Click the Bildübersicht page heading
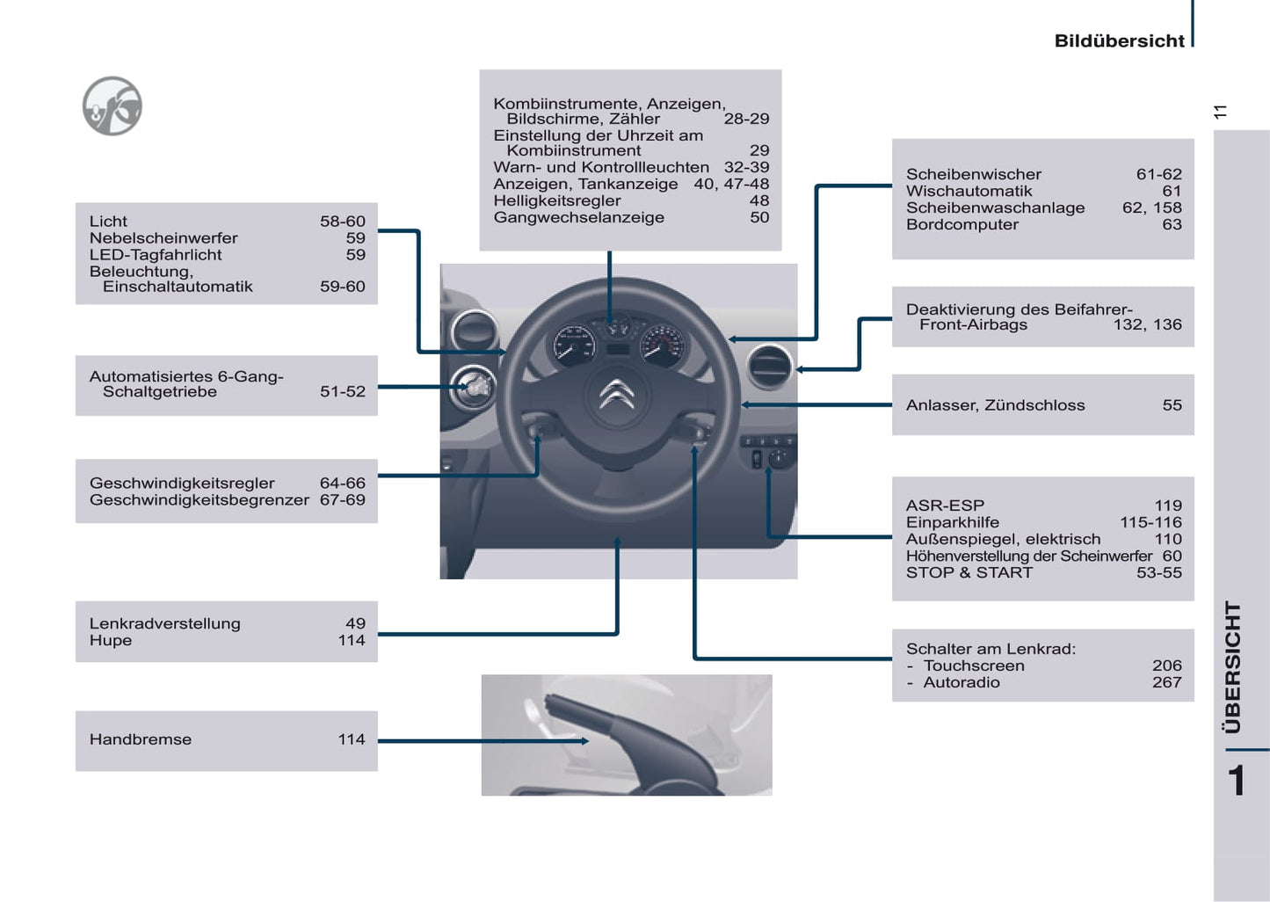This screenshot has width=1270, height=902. pyautogui.click(x=1119, y=40)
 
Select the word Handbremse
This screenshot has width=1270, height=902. pyautogui.click(x=141, y=739)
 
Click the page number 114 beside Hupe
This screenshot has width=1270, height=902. pyautogui.click(x=352, y=640)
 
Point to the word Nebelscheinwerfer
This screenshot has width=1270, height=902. pyautogui.click(x=163, y=237)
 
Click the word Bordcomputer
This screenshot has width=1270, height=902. pyautogui.click(x=962, y=224)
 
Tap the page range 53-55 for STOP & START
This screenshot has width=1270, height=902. pyautogui.click(x=1158, y=572)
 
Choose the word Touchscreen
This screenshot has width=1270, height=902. pyautogui.click(x=974, y=666)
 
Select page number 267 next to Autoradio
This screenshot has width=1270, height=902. pyautogui.click(x=1166, y=682)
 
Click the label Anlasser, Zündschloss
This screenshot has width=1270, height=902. pyautogui.click(x=995, y=405)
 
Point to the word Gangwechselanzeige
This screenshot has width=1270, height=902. pyautogui.click(x=578, y=217)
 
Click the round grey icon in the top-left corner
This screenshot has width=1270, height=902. pyautogui.click(x=112, y=106)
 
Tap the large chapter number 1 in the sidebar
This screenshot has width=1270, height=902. pyautogui.click(x=1237, y=781)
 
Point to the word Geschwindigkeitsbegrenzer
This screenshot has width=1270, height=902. pyautogui.click(x=199, y=499)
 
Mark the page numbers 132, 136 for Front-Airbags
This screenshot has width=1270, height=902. pyautogui.click(x=1147, y=324)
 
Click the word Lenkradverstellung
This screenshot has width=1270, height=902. pyautogui.click(x=164, y=623)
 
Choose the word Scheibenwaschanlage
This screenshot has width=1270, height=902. pyautogui.click(x=995, y=207)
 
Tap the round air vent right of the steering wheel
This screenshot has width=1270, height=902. pyautogui.click(x=769, y=367)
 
